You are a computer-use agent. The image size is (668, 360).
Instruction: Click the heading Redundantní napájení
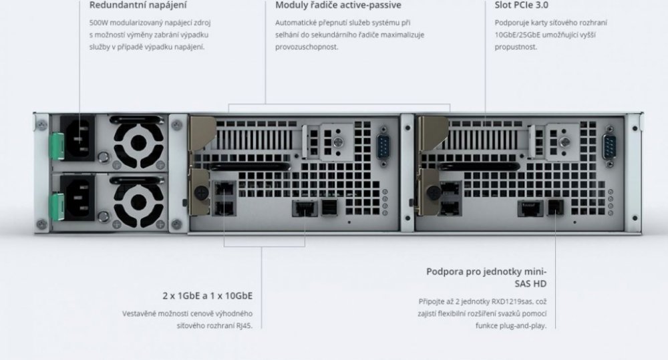pyautogui.click(x=138, y=5)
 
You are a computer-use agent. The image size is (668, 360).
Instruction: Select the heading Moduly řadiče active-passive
pyautogui.click(x=338, y=5)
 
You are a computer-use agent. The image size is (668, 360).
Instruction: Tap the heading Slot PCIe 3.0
pyautogui.click(x=522, y=5)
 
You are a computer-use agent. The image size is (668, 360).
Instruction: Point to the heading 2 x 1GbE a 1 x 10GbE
pyautogui.click(x=208, y=296)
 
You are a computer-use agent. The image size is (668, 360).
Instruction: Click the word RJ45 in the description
pyautogui.click(x=244, y=326)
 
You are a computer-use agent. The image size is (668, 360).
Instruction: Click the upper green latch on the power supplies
pyautogui.click(x=57, y=146)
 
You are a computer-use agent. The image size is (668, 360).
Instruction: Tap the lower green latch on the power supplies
pyautogui.click(x=57, y=206)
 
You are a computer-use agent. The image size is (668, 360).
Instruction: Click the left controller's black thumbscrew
pyautogui.click(x=201, y=193)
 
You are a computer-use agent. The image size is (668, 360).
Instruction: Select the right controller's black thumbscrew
pyautogui.click(x=434, y=193)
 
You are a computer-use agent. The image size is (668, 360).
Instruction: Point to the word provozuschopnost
pyautogui.click(x=307, y=47)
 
